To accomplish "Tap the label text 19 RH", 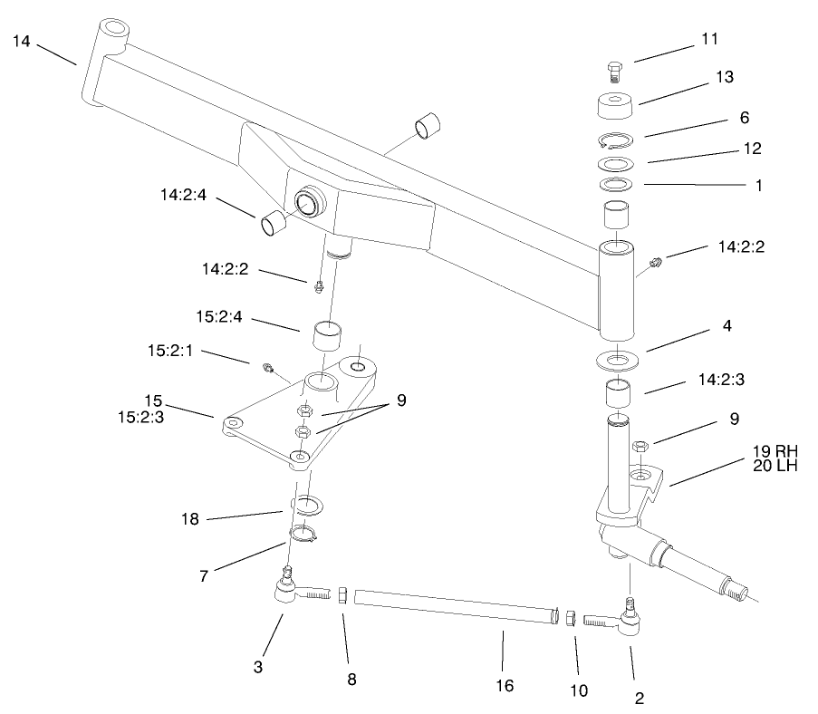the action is click(x=775, y=450).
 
